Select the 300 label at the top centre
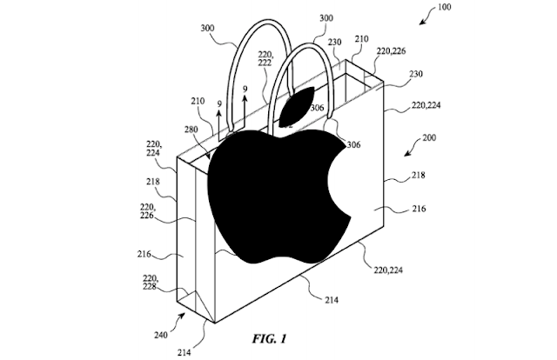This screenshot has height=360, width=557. pyautogui.click(x=299, y=17)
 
